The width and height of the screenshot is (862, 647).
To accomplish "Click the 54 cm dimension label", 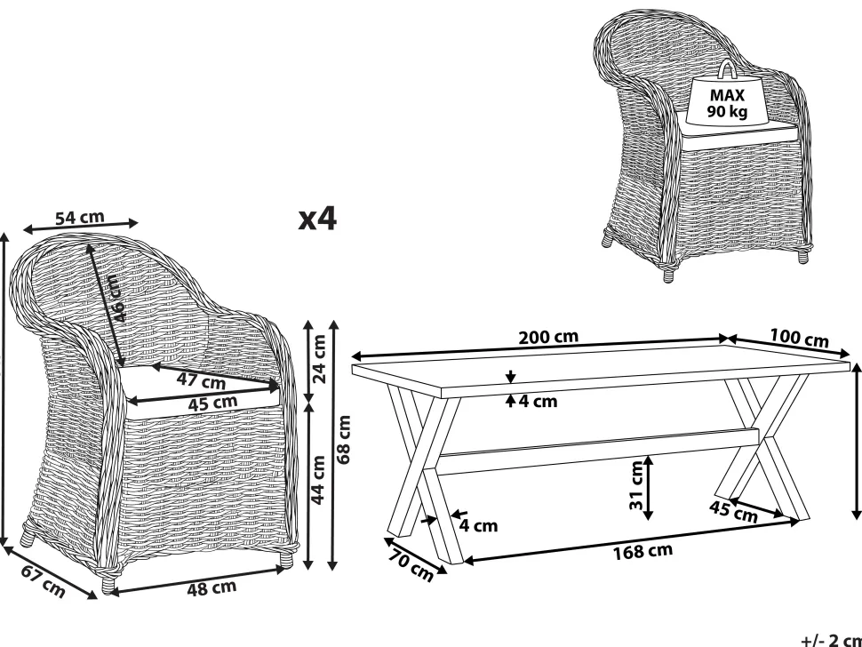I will click(80, 218).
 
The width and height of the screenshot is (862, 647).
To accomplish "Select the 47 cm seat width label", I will click(200, 382).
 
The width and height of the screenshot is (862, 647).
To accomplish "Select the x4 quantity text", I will click(317, 219).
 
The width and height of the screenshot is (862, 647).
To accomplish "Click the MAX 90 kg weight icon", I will click(726, 95).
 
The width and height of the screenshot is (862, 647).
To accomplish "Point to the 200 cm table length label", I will click(548, 337).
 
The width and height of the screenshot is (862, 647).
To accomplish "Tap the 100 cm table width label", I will click(799, 339).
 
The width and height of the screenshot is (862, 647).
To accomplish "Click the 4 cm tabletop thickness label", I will click(537, 402).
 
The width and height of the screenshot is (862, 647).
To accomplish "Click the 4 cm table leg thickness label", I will click(478, 524).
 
